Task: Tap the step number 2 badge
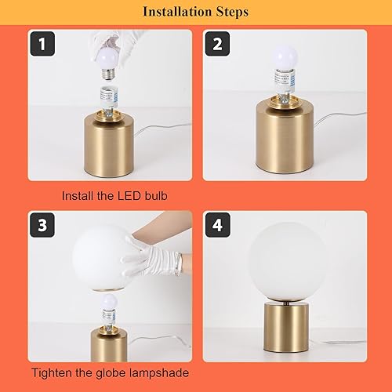point(217,45)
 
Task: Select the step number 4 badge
point(217,224)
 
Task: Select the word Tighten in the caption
point(53,375)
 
